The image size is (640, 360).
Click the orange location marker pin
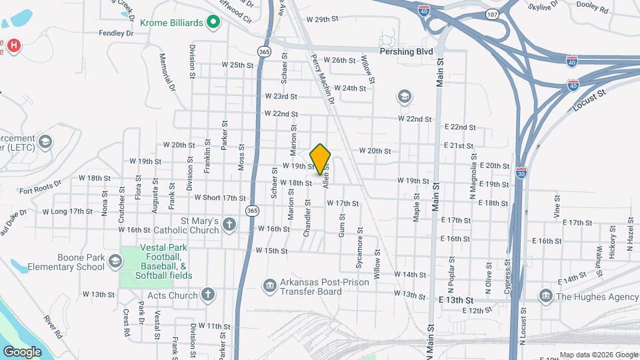tap(321, 159)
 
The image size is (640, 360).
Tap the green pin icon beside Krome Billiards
tap(213, 23)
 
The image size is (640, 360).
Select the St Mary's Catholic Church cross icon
tap(229, 224)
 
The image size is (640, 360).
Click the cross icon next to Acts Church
tap(208, 295)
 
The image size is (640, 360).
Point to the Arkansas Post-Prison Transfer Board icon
tap(269, 286)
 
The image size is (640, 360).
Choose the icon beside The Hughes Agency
tap(545, 296)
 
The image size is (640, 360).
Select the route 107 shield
tap(492, 13)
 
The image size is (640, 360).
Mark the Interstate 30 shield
tap(521, 171)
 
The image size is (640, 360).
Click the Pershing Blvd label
tap(406, 51)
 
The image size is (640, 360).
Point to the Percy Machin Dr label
tap(321, 78)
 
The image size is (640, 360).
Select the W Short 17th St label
tap(220, 197)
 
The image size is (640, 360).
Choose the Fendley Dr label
tap(116, 33)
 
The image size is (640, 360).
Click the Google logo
tap(22, 351)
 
